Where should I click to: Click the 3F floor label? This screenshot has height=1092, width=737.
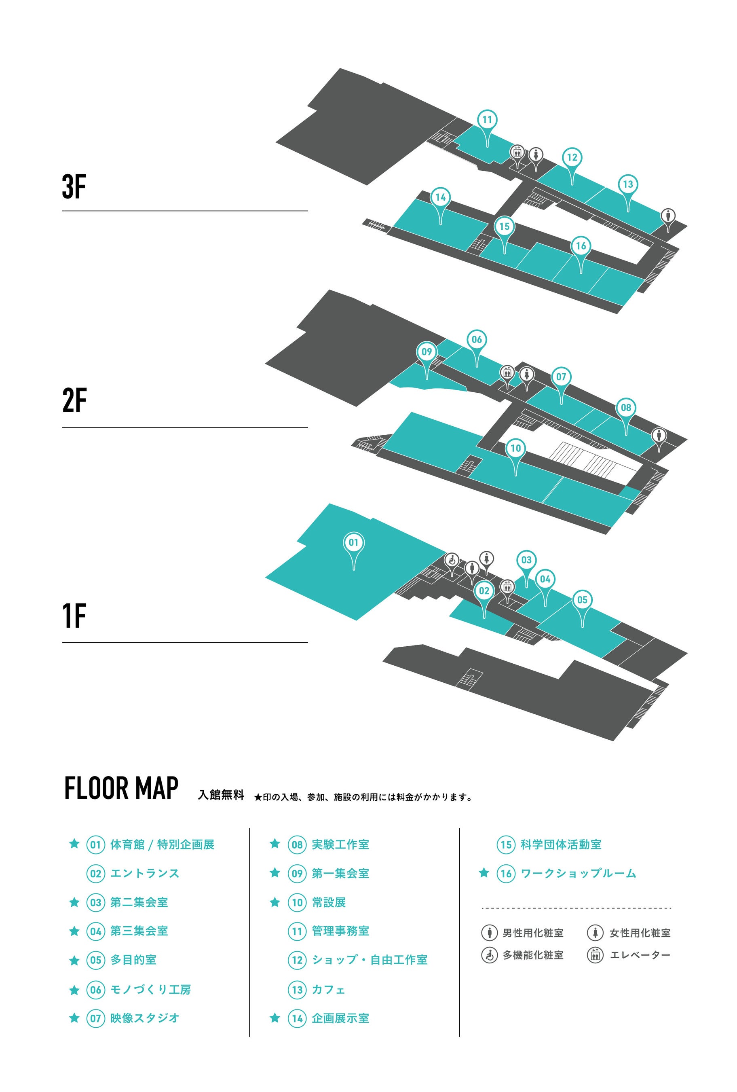coord(74,186)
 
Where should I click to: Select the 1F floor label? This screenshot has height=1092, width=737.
coord(74,616)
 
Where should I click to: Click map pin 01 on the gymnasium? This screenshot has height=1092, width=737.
coord(353,543)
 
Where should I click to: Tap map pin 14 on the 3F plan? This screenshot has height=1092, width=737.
coord(440,197)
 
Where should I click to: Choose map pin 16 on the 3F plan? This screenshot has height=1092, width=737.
coord(581,246)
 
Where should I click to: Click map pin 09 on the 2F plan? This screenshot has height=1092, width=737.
coord(426,352)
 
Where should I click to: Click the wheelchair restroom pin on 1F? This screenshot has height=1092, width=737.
coord(452,560)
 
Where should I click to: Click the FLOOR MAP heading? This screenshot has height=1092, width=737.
coord(121,788)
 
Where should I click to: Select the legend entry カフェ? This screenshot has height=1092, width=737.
coord(328,990)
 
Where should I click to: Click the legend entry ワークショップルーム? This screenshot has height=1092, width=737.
coord(578,873)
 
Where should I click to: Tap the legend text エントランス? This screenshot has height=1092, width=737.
coord(145,873)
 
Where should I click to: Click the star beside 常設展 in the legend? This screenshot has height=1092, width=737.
coord(275,902)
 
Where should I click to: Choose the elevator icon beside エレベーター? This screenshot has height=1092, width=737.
coord(595,955)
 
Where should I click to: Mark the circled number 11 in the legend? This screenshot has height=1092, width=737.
coord(297,931)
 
